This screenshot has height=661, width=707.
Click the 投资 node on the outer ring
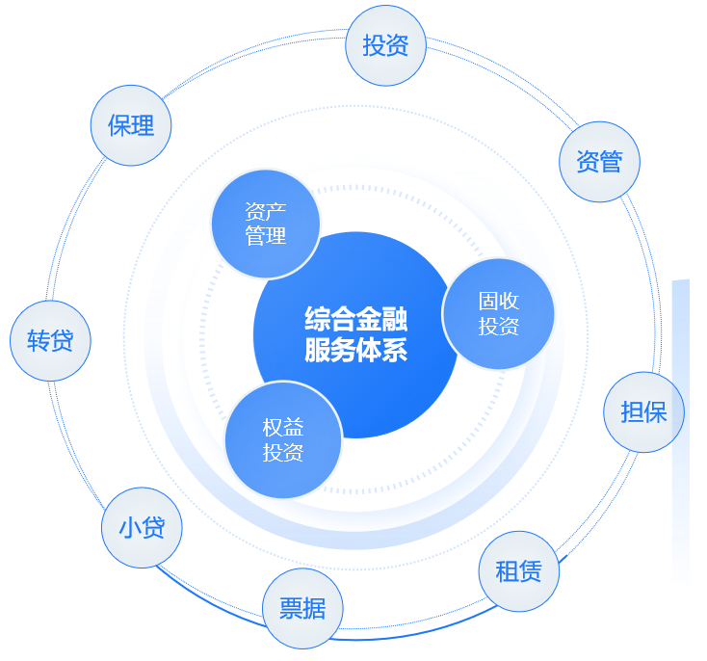385,45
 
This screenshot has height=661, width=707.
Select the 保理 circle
131,125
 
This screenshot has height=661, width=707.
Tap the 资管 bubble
599,162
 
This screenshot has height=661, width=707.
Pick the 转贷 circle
50,340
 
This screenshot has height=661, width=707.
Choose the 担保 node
643,412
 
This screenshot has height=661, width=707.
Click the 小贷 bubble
142,527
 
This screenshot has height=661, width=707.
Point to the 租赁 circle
518,571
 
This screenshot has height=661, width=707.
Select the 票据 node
302,609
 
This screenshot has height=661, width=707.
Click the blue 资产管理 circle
265,224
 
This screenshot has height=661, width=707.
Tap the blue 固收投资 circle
498,314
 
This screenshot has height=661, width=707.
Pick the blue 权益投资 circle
283,440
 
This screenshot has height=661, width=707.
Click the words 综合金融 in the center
355,318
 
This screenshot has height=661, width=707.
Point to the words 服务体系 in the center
355,350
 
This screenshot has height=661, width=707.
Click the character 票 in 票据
291,609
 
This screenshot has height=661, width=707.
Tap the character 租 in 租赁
507,571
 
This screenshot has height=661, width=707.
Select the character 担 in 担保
632,412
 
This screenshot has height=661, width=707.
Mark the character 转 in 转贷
39,340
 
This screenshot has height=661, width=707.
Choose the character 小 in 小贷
130,527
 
